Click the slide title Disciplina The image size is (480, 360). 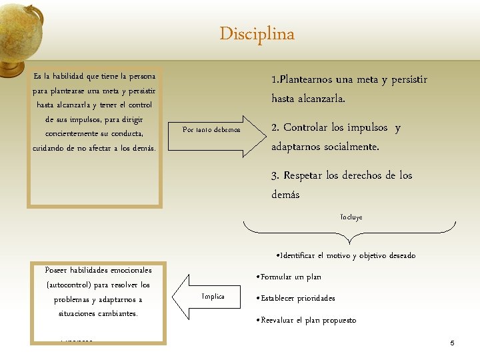[x=257, y=34]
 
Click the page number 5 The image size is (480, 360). [x=452, y=343]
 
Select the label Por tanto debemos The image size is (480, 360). [x=211, y=130]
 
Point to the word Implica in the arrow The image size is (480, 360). [x=213, y=297]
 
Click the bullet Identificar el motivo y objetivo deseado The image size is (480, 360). [x=345, y=255]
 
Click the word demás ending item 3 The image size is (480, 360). [x=285, y=195]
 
